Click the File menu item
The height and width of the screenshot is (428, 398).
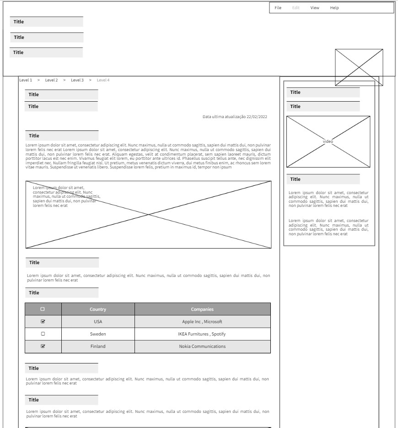tap(278, 8)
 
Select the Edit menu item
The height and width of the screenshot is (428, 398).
tap(296, 8)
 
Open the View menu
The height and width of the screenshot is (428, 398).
tap(315, 8)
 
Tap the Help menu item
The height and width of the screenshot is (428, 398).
tap(334, 8)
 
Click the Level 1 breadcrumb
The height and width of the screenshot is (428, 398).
tap(26, 80)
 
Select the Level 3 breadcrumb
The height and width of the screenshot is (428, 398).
tap(77, 80)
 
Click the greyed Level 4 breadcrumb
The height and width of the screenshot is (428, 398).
tap(103, 80)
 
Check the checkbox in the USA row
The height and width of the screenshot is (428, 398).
tap(43, 321)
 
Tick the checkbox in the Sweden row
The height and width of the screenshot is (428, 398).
tap(43, 334)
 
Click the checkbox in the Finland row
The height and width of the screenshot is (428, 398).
tap(43, 346)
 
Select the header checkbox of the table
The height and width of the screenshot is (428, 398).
tap(43, 309)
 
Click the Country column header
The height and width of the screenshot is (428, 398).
tap(98, 309)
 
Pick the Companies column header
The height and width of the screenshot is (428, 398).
tap(202, 309)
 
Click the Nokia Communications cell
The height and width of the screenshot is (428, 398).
tap(202, 346)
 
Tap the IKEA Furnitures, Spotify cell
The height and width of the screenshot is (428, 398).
tap(202, 334)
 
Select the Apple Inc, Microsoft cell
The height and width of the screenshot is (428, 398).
tap(202, 321)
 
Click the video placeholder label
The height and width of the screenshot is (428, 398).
tap(328, 141)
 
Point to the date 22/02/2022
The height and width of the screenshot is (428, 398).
tap(257, 117)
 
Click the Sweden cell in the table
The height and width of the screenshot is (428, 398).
tap(98, 334)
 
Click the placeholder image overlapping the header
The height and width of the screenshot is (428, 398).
tap(359, 67)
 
